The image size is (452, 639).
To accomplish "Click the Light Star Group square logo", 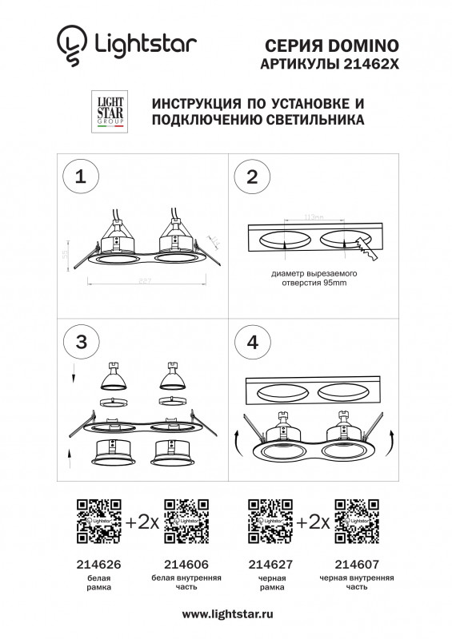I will click(x=110, y=111).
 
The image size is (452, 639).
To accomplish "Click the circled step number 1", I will click(x=80, y=177).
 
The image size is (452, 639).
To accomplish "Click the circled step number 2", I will click(x=253, y=177).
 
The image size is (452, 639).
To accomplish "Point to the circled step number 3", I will click(x=80, y=341).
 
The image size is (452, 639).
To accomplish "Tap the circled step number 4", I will click(x=253, y=341).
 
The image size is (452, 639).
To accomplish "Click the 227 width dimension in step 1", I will click(x=146, y=280).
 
